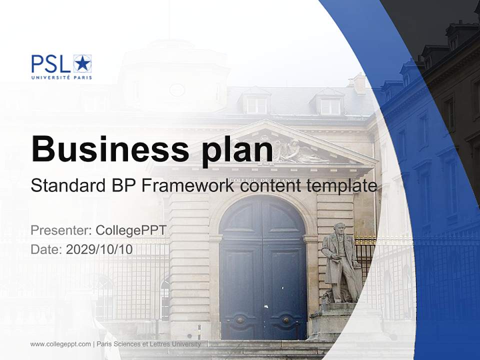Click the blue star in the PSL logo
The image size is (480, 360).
[x=83, y=64]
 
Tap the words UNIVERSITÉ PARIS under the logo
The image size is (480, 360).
[x=61, y=77]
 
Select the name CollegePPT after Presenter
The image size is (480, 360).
[x=131, y=230]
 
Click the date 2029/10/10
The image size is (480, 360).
[x=99, y=249]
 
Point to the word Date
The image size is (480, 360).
[x=46, y=249]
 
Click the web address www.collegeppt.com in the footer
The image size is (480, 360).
[x=60, y=344]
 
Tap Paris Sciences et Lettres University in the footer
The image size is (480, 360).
[x=149, y=344]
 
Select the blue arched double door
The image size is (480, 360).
[x=263, y=268]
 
